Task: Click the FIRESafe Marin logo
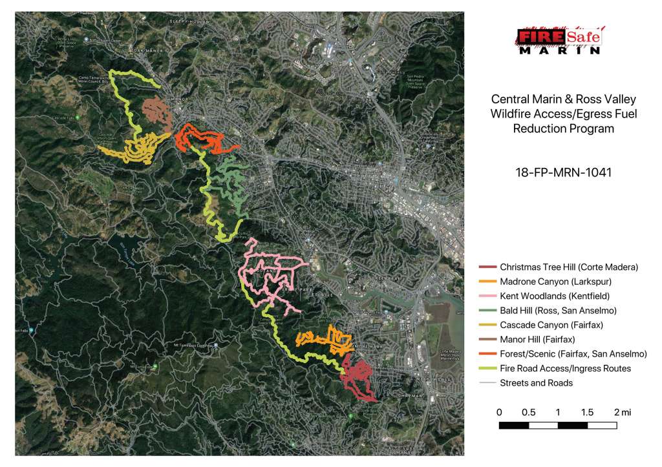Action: click(560, 40)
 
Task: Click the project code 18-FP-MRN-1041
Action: click(560, 172)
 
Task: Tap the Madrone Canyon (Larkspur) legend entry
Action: click(555, 282)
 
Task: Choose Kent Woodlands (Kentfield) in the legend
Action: click(555, 296)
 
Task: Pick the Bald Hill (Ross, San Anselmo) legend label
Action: click(558, 311)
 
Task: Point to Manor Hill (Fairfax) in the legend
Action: click(537, 339)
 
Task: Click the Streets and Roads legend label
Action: click(536, 382)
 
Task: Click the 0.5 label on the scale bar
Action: click(528, 412)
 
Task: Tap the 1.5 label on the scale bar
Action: click(587, 412)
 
